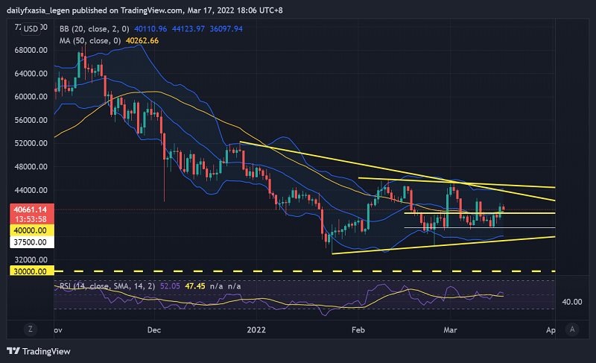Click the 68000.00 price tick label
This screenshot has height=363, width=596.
pos(27,51)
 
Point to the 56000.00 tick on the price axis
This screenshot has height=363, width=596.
pos(27,120)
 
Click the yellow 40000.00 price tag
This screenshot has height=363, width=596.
pos(27,231)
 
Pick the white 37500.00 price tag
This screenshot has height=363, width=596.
pos(27,242)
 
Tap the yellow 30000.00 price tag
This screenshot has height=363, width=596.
pos(27,271)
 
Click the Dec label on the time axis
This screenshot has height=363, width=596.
pos(154,329)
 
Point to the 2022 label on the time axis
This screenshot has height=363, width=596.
pos(256,329)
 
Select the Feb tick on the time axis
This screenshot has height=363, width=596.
pos(358,329)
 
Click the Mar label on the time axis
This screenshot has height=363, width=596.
pos(450,329)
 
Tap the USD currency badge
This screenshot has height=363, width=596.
pos(31,29)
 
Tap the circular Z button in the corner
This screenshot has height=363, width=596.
pos(31,329)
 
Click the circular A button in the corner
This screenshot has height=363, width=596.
pos(572,329)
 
